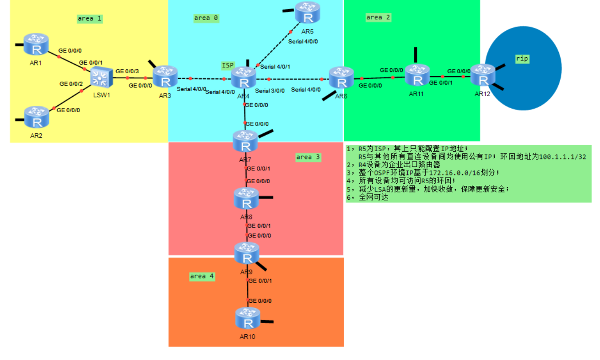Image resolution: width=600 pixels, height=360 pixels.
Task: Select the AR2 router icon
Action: (x=37, y=117)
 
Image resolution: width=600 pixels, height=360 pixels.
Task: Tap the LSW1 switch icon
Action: (x=100, y=77)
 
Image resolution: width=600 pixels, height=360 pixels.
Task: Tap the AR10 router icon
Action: (x=248, y=318)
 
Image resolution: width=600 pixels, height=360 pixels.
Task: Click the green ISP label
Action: (x=228, y=65)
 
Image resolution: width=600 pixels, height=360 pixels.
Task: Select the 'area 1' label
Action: (x=90, y=19)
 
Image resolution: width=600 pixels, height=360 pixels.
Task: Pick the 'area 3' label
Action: (x=308, y=157)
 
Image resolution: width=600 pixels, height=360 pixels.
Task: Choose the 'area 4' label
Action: (x=202, y=276)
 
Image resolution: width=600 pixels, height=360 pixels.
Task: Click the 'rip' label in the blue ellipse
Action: (x=522, y=59)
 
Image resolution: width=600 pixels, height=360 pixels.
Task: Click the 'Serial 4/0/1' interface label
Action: (x=275, y=67)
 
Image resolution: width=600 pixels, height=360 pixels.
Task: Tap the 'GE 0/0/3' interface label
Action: (x=127, y=71)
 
